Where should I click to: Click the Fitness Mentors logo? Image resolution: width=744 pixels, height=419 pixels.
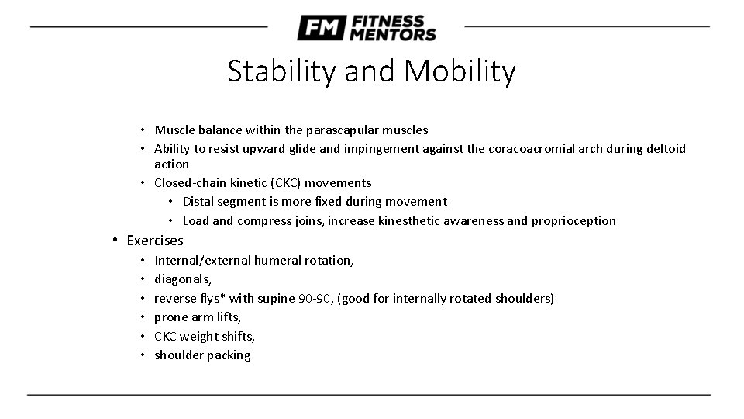(366, 28)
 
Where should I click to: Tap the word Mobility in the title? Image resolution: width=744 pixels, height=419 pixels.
(460, 72)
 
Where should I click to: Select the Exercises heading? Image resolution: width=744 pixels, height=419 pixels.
(155, 241)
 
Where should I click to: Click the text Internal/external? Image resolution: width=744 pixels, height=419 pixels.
(204, 261)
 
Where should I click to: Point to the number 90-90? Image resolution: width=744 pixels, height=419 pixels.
(315, 298)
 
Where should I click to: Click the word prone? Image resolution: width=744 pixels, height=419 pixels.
(170, 317)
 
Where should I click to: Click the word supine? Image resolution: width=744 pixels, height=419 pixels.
(277, 299)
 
